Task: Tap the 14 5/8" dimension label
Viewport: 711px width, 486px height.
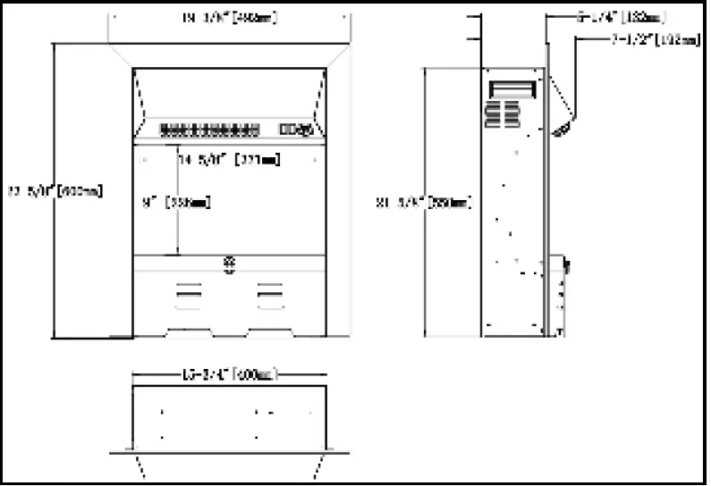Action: click(230, 161)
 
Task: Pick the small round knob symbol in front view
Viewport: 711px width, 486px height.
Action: click(229, 264)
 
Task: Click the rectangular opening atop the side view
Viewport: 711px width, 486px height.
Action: click(513, 88)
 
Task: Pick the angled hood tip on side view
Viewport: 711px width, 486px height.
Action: click(564, 130)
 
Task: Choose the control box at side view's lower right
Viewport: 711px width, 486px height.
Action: click(564, 265)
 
